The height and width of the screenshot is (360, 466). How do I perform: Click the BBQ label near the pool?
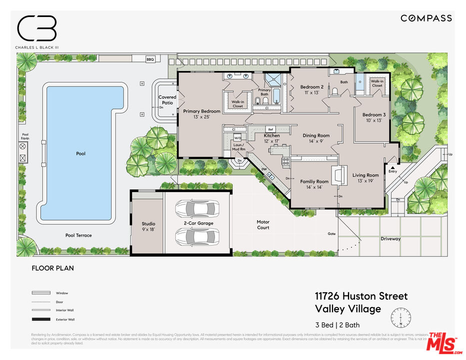[x=150, y=59]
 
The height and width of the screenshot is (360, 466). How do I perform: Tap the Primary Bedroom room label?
[x=201, y=111]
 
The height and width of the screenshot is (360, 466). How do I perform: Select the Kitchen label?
[x=272, y=135]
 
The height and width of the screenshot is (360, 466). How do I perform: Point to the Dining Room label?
[x=316, y=135]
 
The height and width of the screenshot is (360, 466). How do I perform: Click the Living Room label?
[x=366, y=175]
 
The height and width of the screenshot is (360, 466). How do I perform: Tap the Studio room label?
[x=148, y=224]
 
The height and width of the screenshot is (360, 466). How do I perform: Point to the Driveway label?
[x=390, y=238]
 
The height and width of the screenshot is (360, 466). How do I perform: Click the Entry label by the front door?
[x=392, y=171]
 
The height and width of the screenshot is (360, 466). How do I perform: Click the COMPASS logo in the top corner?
[x=426, y=18]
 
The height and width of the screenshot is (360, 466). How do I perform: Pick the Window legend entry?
[x=62, y=293]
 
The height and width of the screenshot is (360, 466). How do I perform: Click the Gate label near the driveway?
[x=331, y=233]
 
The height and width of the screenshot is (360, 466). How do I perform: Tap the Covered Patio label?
[x=167, y=99]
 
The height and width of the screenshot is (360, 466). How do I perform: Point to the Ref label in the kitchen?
[x=270, y=129]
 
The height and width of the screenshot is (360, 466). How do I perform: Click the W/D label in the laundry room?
[x=237, y=137]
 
